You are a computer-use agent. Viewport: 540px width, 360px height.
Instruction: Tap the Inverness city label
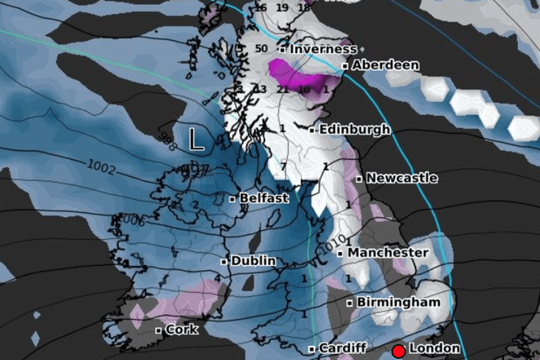[x=323, y=49]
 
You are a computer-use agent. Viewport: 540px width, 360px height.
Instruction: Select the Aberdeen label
[x=385, y=65]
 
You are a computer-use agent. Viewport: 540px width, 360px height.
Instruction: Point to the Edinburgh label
[x=355, y=130]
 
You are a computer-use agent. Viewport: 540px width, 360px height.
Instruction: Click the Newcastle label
[x=401, y=178]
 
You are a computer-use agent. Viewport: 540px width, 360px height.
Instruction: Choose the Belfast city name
[x=264, y=198]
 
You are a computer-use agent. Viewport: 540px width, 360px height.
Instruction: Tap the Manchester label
[x=388, y=253]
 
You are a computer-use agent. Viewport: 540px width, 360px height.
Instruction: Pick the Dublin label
[x=253, y=261]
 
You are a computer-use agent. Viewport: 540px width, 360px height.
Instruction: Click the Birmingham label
[x=398, y=302]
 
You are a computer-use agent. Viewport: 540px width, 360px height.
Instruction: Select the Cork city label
[x=181, y=330]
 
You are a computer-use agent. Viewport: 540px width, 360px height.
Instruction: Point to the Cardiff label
[x=342, y=348]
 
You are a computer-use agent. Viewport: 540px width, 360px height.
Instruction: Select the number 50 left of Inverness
[x=261, y=49]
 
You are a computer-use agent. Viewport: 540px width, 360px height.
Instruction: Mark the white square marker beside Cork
[x=158, y=330]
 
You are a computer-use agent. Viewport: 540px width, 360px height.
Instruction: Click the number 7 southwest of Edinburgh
[x=283, y=167]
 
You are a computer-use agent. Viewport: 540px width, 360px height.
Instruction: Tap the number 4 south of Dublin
[x=218, y=279]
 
